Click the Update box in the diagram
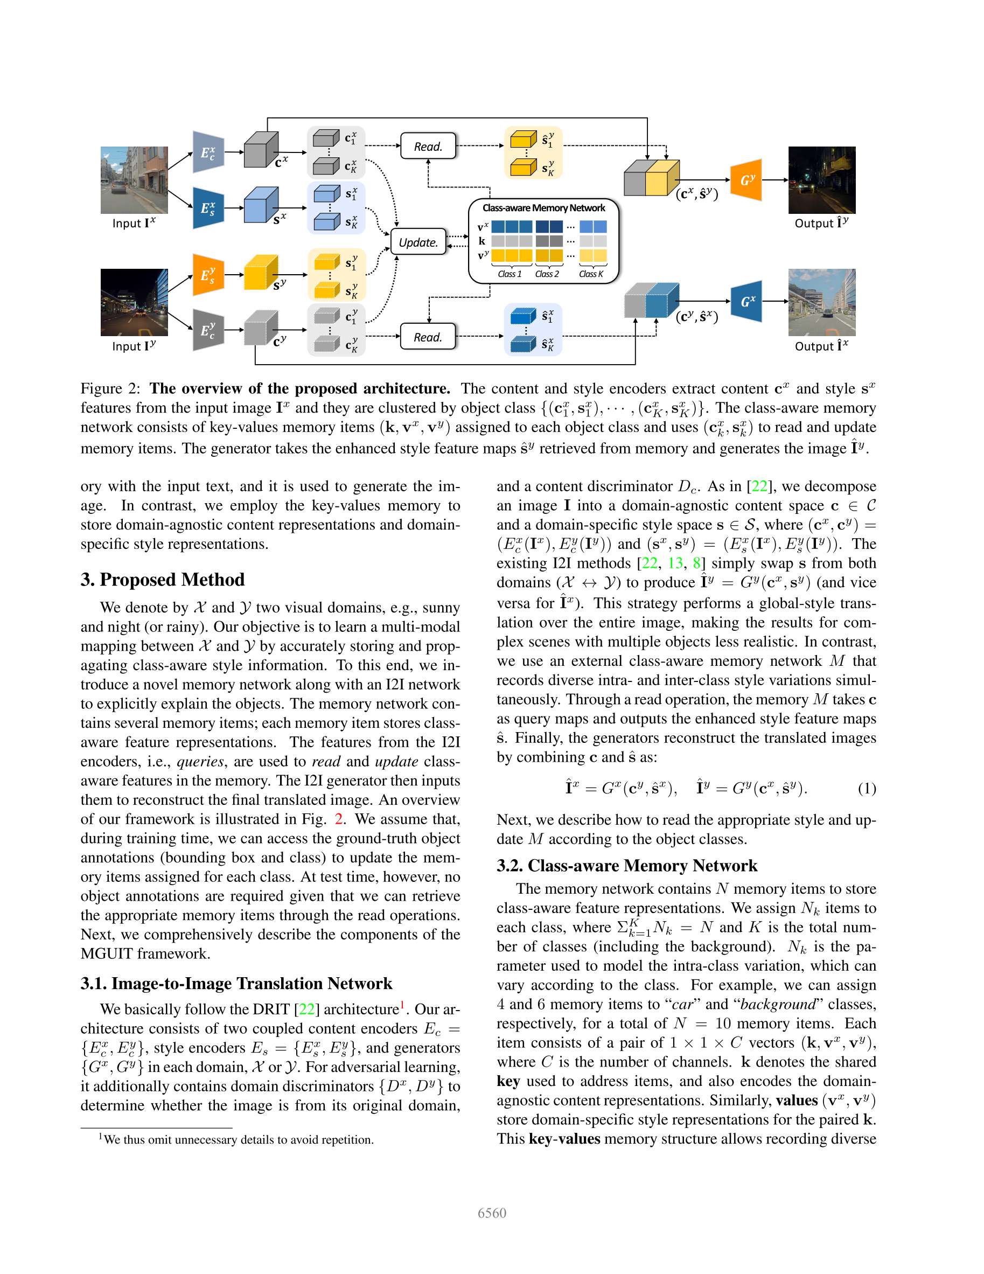coord(418,242)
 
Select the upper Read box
coord(428,147)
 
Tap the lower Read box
coord(428,337)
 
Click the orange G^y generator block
coord(746,180)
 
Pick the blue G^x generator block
coord(746,301)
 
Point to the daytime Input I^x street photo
coord(134,180)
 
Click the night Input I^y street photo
coord(134,302)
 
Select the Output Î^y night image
coord(821,180)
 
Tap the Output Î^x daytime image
coord(821,302)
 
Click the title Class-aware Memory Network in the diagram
coord(543,208)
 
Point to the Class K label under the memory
coord(591,274)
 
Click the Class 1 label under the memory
coord(509,274)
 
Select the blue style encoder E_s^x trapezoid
coord(208,208)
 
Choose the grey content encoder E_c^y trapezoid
coord(208,330)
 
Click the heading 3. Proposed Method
coord(163,579)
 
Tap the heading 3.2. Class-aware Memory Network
coord(626,865)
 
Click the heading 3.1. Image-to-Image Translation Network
coord(236,983)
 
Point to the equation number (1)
coord(867,789)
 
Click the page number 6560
coord(492,1213)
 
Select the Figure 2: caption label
coord(110,388)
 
